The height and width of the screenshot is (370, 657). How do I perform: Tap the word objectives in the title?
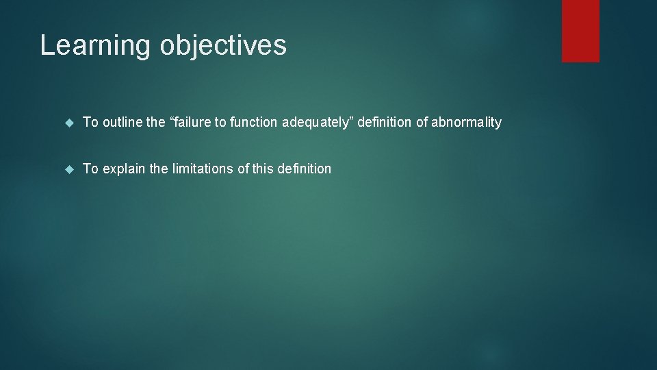(x=223, y=46)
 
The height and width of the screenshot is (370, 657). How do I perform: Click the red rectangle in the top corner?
(x=580, y=31)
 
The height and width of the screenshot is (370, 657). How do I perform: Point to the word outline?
(x=123, y=123)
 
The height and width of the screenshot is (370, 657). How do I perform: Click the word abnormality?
(x=466, y=123)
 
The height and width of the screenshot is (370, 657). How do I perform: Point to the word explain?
(x=124, y=169)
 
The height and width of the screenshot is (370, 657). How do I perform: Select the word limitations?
(x=201, y=169)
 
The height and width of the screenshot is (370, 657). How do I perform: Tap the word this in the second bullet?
(x=263, y=169)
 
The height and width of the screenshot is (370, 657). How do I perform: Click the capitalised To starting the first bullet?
(x=90, y=123)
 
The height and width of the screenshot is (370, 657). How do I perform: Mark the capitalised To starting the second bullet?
(x=90, y=169)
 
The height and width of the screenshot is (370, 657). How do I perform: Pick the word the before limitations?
(x=159, y=169)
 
